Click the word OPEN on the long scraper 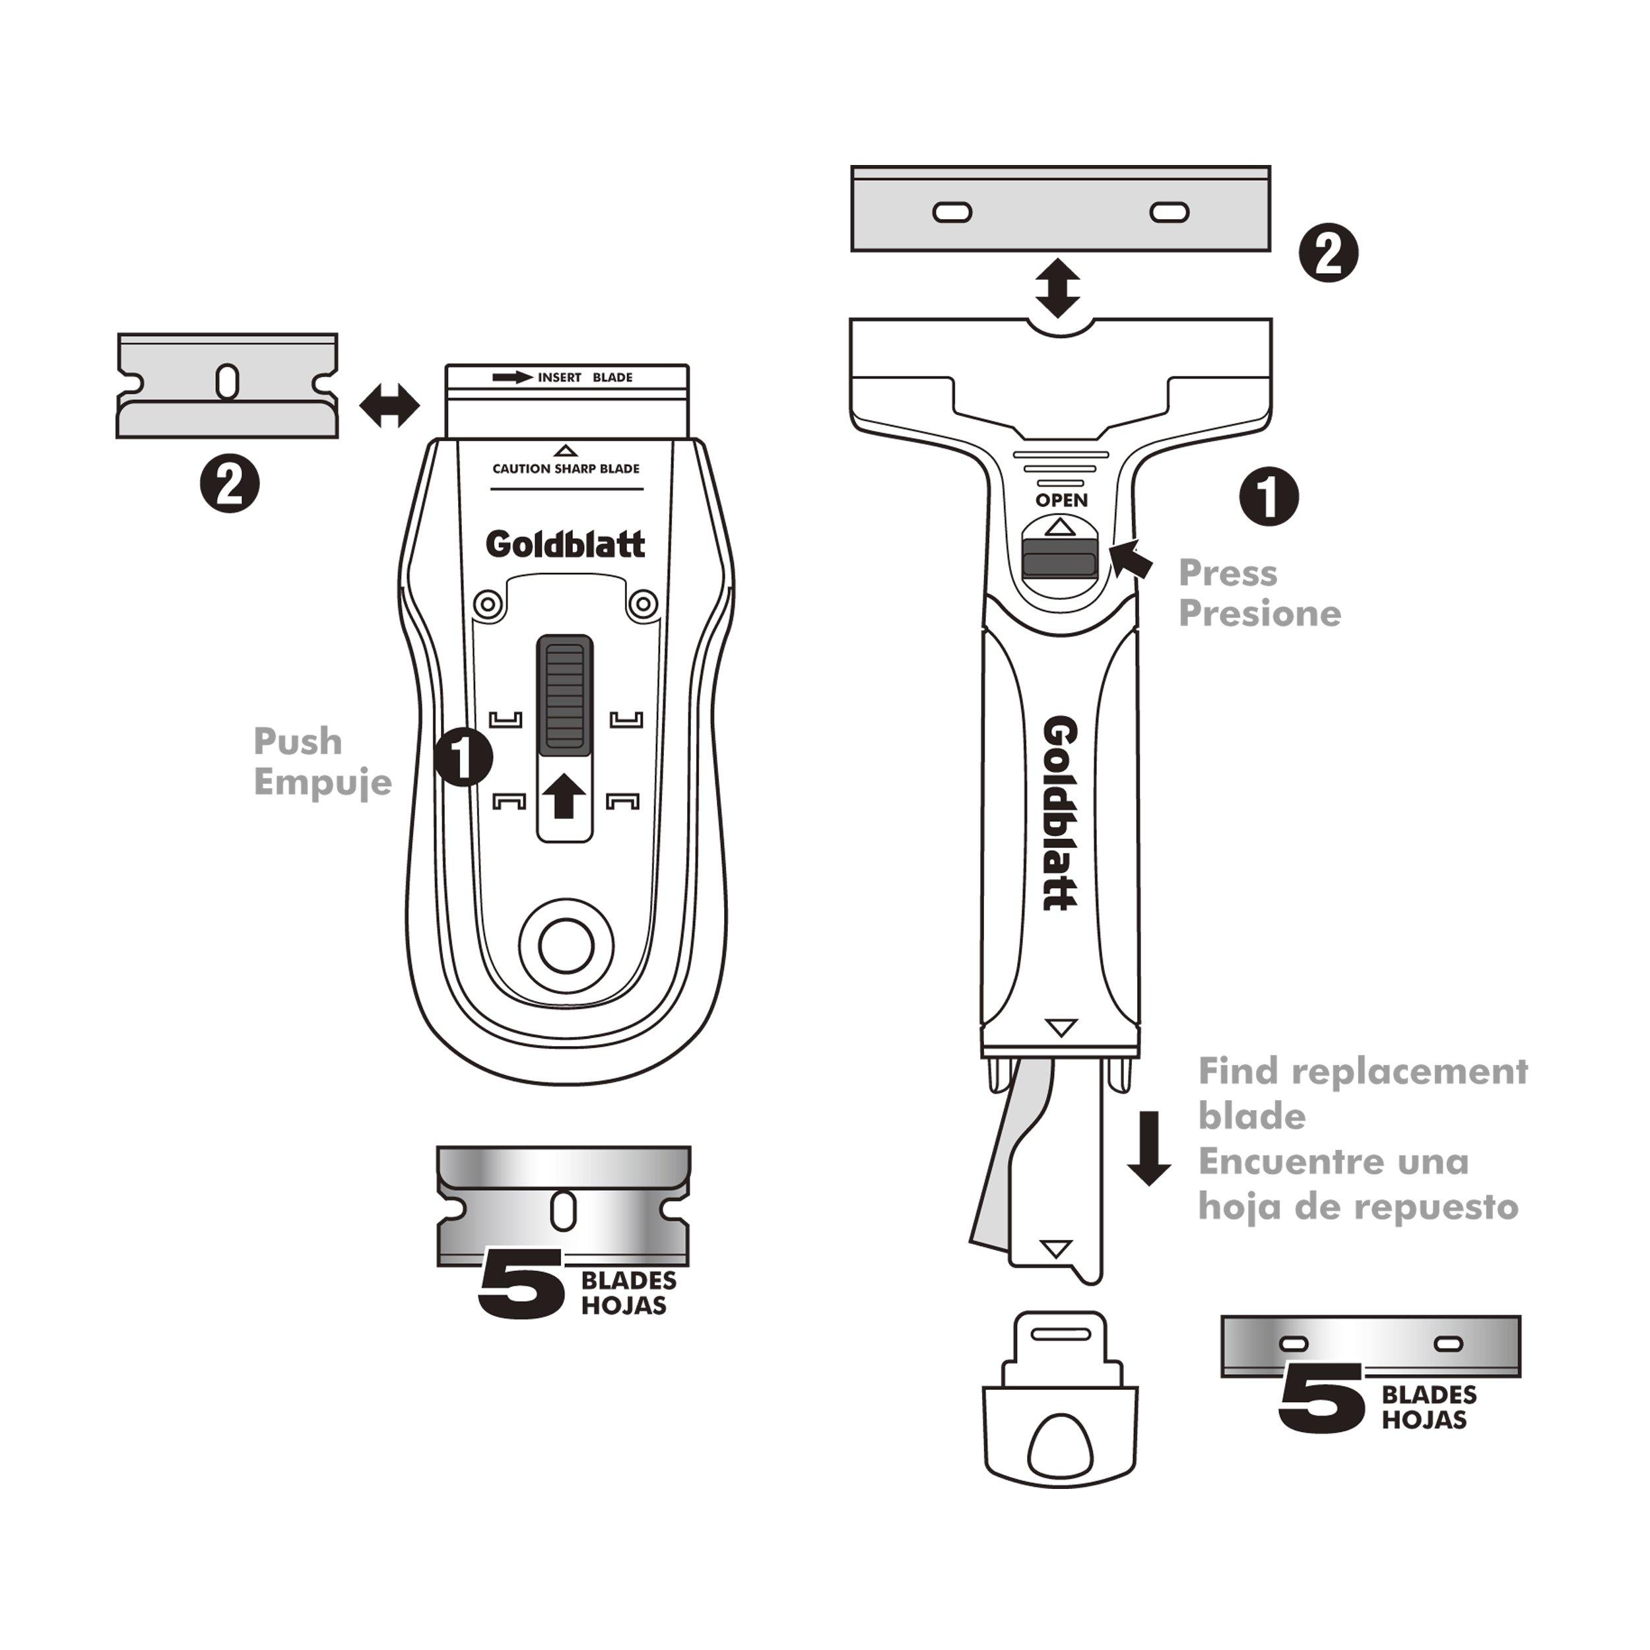tap(1061, 500)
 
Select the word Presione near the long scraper tap(1260, 613)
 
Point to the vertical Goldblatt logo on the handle tap(1060, 813)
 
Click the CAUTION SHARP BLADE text tap(566, 469)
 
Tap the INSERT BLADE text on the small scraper tap(584, 378)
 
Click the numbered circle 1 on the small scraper tap(463, 756)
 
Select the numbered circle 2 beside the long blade tap(1328, 253)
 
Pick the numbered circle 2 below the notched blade tap(229, 484)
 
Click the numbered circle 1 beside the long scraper tap(1269, 496)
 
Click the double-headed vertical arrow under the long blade tap(1057, 288)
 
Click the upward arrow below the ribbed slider tap(564, 795)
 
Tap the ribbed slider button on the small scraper tap(564, 694)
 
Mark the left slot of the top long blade tap(952, 212)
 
